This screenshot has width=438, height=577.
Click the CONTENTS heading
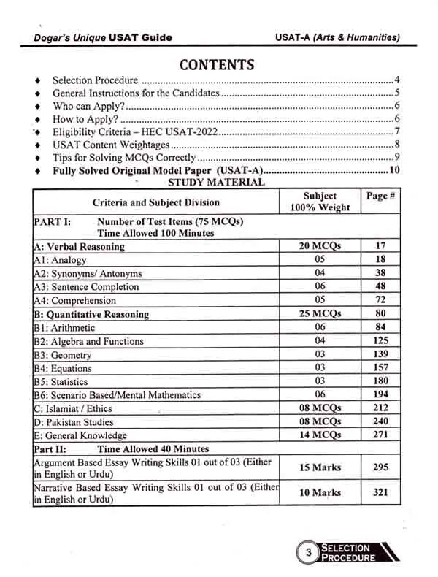[x=217, y=64]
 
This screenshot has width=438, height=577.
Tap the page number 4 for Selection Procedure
[x=396, y=80]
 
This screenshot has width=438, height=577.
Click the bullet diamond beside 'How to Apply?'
[x=37, y=120]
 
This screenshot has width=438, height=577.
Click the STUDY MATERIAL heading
[x=216, y=183]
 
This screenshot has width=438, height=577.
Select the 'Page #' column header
[x=380, y=196]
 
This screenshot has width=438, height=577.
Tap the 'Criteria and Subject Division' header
[x=155, y=202]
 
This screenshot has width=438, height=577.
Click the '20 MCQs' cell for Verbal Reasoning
[x=320, y=246]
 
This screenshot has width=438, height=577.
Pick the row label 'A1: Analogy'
[x=60, y=260]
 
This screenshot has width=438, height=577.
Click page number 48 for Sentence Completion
[x=380, y=287]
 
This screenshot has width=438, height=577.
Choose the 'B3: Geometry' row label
[x=63, y=355]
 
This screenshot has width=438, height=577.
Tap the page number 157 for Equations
[x=380, y=368]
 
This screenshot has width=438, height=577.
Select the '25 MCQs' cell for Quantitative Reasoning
[x=320, y=314]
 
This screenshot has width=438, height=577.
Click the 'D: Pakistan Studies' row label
[x=74, y=422]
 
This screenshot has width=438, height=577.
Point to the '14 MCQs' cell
[x=320, y=435]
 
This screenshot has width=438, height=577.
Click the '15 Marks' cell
[x=320, y=467]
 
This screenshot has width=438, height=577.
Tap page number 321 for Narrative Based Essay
[x=380, y=492]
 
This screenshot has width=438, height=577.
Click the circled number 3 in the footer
[x=309, y=553]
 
